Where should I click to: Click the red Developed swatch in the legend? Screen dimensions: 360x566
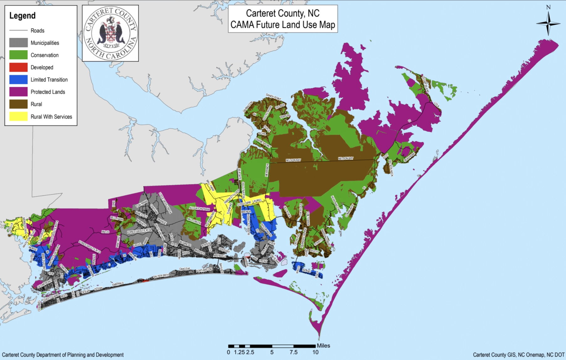point(18,67)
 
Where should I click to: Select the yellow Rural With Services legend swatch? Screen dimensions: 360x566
point(18,116)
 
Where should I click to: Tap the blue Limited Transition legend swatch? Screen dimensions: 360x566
point(18,79)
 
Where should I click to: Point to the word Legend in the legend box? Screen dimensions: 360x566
point(22,16)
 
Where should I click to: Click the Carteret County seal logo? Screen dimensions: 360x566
point(110,33)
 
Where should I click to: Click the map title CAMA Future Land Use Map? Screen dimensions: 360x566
point(283,24)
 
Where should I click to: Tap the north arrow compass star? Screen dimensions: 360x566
point(548,24)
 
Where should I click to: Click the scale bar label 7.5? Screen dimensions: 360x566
point(293,352)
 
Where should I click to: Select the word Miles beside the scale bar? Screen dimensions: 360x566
point(323,346)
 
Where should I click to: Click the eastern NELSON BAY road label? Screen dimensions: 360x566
point(345,158)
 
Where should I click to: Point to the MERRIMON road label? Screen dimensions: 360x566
point(267,170)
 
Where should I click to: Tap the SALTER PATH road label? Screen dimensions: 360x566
point(161,276)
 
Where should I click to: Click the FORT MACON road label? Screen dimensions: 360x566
point(204,270)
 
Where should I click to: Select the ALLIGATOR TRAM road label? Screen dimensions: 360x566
point(199,209)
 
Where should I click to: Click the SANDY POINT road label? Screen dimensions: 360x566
point(273,97)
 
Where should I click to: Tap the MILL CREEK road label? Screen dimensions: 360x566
point(194,221)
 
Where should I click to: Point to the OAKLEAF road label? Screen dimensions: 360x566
point(185,269)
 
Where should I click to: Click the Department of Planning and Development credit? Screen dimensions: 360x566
point(63,355)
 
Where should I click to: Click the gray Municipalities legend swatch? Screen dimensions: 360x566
point(18,43)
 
